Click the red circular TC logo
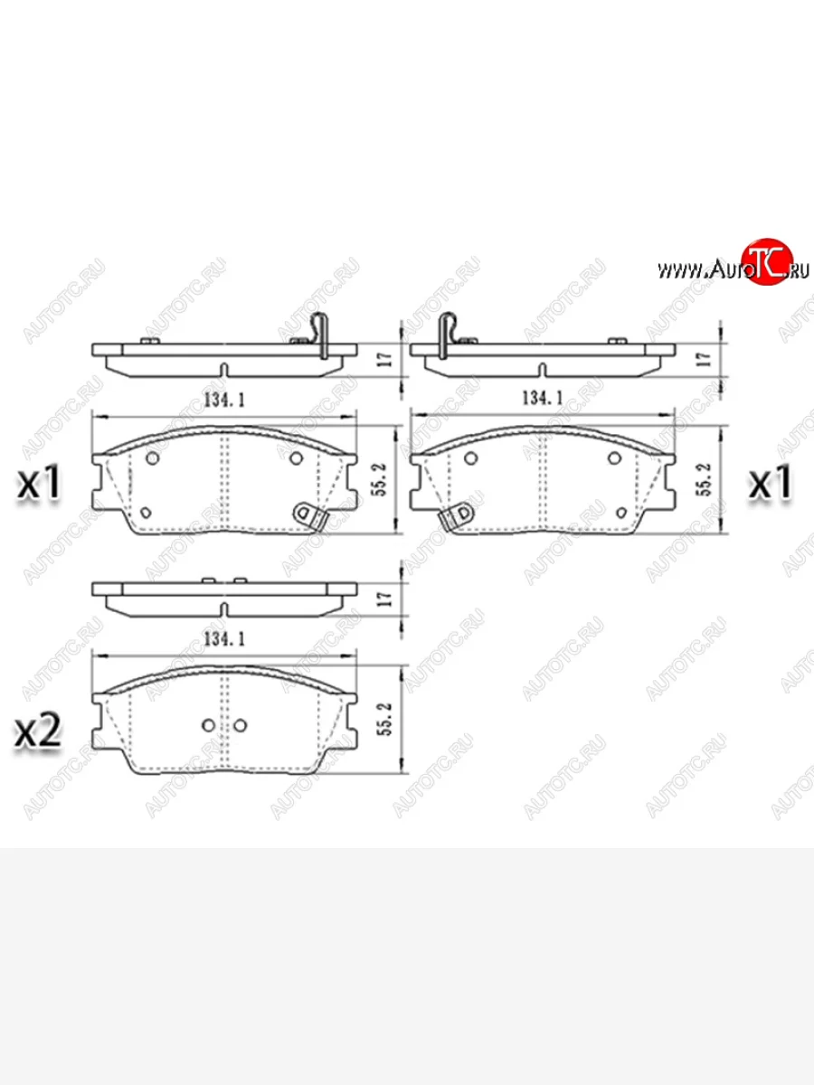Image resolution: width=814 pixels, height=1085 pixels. [767, 263]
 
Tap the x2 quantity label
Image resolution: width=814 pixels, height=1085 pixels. [38, 731]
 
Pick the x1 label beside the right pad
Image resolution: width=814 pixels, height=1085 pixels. [770, 484]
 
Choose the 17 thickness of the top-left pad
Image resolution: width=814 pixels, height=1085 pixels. [383, 359]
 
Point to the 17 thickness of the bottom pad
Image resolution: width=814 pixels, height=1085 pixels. [383, 598]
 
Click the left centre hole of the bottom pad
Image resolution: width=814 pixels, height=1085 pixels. [209, 725]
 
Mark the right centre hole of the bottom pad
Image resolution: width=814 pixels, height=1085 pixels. [241, 725]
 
